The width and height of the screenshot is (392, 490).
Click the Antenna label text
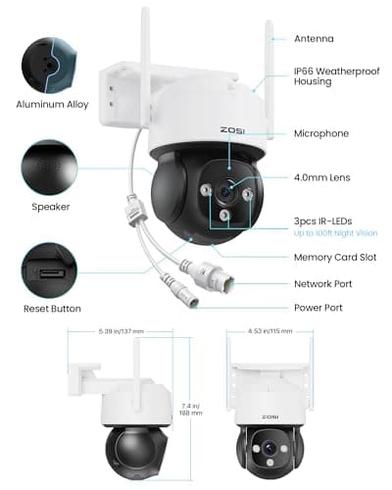[x=315, y=39]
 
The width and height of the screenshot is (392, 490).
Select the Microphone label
[x=321, y=133]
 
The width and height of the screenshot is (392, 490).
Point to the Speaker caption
[x=51, y=207]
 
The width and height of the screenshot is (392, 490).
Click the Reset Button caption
[x=51, y=308]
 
